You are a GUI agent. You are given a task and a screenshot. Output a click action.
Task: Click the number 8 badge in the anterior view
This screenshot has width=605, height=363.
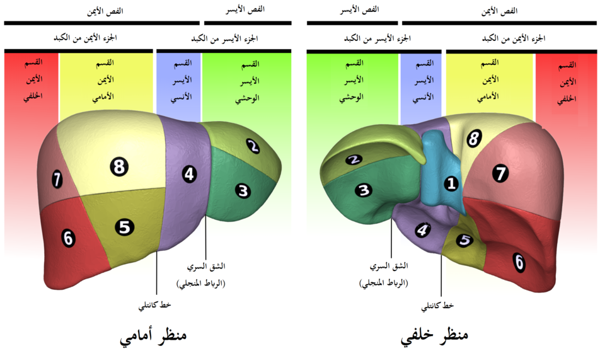pos(119,167)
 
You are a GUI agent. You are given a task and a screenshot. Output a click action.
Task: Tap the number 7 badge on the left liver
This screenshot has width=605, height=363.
pos(57,180)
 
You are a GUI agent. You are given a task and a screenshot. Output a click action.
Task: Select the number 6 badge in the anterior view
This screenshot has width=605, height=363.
pos(68,238)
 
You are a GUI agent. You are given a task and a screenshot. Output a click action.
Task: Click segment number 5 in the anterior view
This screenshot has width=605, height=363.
pos(124,228)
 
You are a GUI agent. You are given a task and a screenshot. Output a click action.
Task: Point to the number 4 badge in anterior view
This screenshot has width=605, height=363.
pos(189,174)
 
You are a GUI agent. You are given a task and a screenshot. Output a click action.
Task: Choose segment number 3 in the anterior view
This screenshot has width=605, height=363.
pos(243,191)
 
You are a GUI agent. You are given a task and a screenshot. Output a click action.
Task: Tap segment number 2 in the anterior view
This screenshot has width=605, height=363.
pos(253,146)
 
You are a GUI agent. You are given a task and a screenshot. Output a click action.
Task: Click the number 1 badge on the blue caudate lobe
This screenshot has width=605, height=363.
pos(451,183)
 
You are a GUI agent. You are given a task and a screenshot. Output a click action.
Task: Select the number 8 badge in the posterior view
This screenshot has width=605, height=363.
pos(474,139)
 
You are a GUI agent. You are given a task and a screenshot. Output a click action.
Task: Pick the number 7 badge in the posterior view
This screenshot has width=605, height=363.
pos(500,173)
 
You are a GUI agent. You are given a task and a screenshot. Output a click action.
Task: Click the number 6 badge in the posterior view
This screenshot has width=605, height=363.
pos(519,262)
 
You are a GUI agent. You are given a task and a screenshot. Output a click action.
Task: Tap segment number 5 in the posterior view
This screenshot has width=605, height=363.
pos(464,240)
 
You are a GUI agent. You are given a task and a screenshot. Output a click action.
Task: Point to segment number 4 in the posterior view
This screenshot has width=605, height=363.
pos(423,230)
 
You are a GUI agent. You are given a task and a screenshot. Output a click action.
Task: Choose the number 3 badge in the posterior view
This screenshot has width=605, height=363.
pos(364,190)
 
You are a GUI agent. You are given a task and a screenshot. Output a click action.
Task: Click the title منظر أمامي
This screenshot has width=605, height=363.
pos(153,335)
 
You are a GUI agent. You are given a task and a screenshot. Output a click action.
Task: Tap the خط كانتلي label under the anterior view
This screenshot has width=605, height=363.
pos(155,305)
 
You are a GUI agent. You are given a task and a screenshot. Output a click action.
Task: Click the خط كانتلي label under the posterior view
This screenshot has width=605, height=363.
pos(437,306)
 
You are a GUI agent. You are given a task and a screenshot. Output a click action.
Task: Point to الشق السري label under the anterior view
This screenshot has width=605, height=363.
pos(206,267)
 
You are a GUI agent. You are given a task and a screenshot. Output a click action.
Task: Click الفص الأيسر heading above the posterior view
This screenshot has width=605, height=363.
pos(360,9)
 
